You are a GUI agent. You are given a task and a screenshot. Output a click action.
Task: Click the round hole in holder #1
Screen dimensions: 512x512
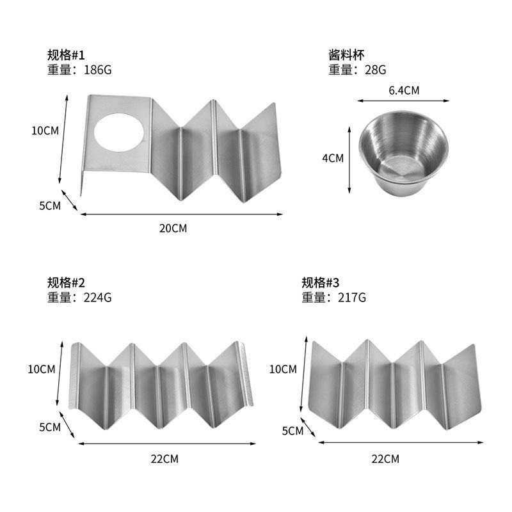tap(119, 132)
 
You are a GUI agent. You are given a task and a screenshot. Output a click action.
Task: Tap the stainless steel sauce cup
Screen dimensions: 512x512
tap(403, 153)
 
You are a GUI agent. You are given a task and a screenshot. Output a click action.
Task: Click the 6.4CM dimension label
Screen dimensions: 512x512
tap(404, 90)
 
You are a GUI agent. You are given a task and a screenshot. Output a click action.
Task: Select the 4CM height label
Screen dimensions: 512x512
tap(333, 158)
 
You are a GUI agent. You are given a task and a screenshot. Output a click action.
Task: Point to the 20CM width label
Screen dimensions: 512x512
tap(173, 228)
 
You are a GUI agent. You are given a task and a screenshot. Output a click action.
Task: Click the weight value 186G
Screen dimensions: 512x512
tap(98, 70)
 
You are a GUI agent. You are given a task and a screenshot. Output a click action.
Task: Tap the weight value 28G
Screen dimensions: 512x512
tap(375, 70)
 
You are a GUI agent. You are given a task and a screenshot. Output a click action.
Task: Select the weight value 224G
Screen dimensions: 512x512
tap(98, 298)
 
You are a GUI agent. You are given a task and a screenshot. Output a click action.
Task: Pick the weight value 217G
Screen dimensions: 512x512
tap(352, 298)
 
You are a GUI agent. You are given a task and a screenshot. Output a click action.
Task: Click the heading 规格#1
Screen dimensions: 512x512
tap(66, 55)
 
